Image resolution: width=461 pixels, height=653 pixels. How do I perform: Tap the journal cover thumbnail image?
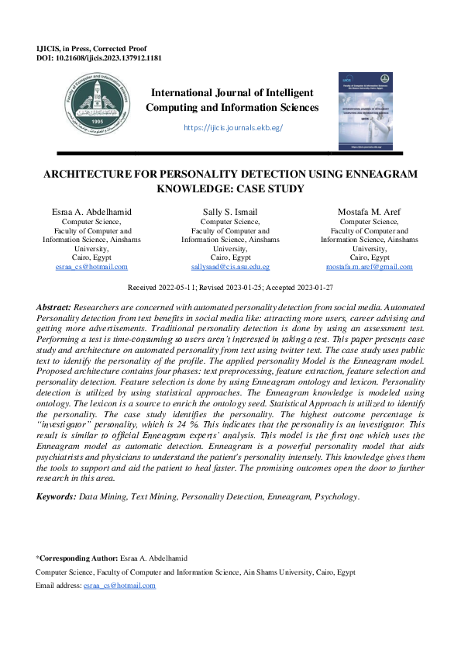pos(366,112)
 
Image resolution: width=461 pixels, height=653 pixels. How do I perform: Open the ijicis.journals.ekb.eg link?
pos(232,126)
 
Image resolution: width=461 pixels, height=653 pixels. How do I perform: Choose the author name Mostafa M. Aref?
pos(369,212)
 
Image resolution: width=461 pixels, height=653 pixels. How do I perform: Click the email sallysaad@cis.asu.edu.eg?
pos(230,267)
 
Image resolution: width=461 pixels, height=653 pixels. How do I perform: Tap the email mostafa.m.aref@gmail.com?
pos(369,267)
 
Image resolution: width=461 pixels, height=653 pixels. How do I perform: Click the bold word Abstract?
pos(55,308)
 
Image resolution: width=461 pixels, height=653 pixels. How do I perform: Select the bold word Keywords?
pos(57,495)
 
